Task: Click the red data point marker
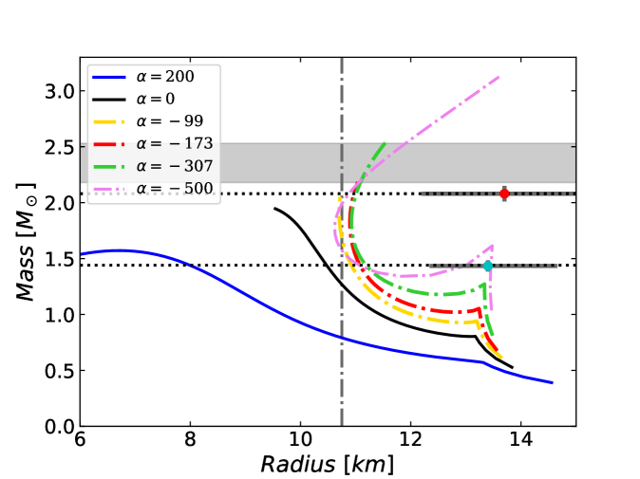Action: coord(504,193)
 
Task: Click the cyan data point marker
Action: coord(488,266)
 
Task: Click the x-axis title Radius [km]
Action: coord(328,464)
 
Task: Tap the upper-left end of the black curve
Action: coord(274,209)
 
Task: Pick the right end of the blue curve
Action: coord(552,382)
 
